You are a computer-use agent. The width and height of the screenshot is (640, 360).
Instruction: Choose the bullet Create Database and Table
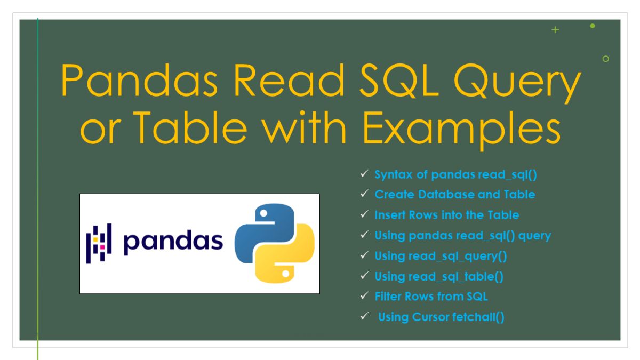[x=454, y=195]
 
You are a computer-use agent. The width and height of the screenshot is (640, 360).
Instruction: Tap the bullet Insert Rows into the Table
[x=446, y=215]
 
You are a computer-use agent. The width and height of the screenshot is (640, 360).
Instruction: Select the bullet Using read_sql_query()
[x=441, y=256]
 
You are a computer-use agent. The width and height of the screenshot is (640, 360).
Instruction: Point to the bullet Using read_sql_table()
[x=439, y=276]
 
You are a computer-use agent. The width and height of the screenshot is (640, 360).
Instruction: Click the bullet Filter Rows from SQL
[x=431, y=297]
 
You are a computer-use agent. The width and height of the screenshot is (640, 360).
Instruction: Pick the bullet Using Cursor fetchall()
[x=441, y=317]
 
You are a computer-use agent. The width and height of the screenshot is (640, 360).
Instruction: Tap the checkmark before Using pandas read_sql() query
[x=364, y=235]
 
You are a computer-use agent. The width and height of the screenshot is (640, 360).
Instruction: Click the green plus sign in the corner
[x=555, y=30]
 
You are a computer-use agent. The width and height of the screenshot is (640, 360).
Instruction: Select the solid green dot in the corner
[x=593, y=26]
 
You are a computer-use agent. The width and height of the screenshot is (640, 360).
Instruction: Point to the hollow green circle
[x=605, y=59]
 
